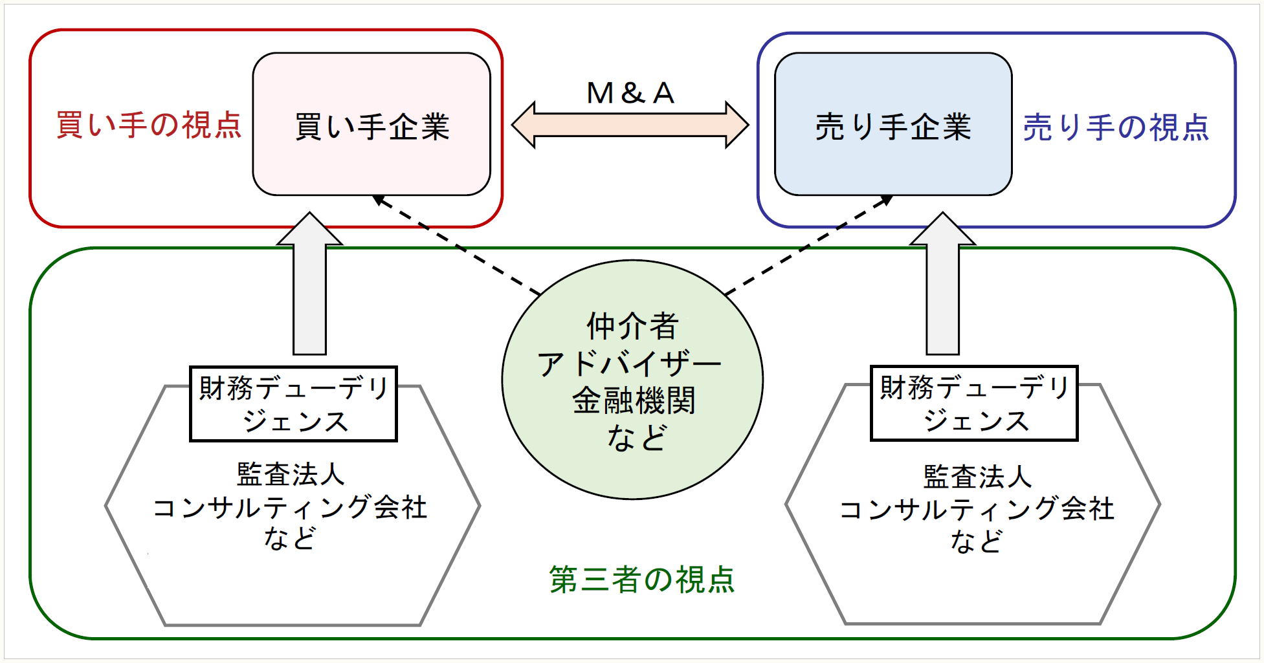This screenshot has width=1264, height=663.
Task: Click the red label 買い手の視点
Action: pos(149,125)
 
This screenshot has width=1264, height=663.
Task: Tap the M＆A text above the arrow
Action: pos(630,93)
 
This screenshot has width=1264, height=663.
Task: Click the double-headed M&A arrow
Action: pos(630,125)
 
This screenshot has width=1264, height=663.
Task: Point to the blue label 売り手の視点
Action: pos(1116,127)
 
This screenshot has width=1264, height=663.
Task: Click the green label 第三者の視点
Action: pos(642,579)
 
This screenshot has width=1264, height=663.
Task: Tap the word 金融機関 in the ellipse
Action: pos(634,400)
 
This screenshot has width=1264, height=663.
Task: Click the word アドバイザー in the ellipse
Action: pos(629,364)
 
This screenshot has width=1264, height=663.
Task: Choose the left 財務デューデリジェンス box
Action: pos(293,404)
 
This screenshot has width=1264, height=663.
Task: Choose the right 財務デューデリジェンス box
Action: pos(974,404)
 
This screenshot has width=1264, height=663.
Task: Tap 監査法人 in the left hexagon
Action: pos(291,474)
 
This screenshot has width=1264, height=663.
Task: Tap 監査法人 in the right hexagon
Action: pos(977,477)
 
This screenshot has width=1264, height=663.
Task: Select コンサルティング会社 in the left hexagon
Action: pos(290,507)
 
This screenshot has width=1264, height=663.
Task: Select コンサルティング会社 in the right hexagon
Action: pos(977,509)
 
